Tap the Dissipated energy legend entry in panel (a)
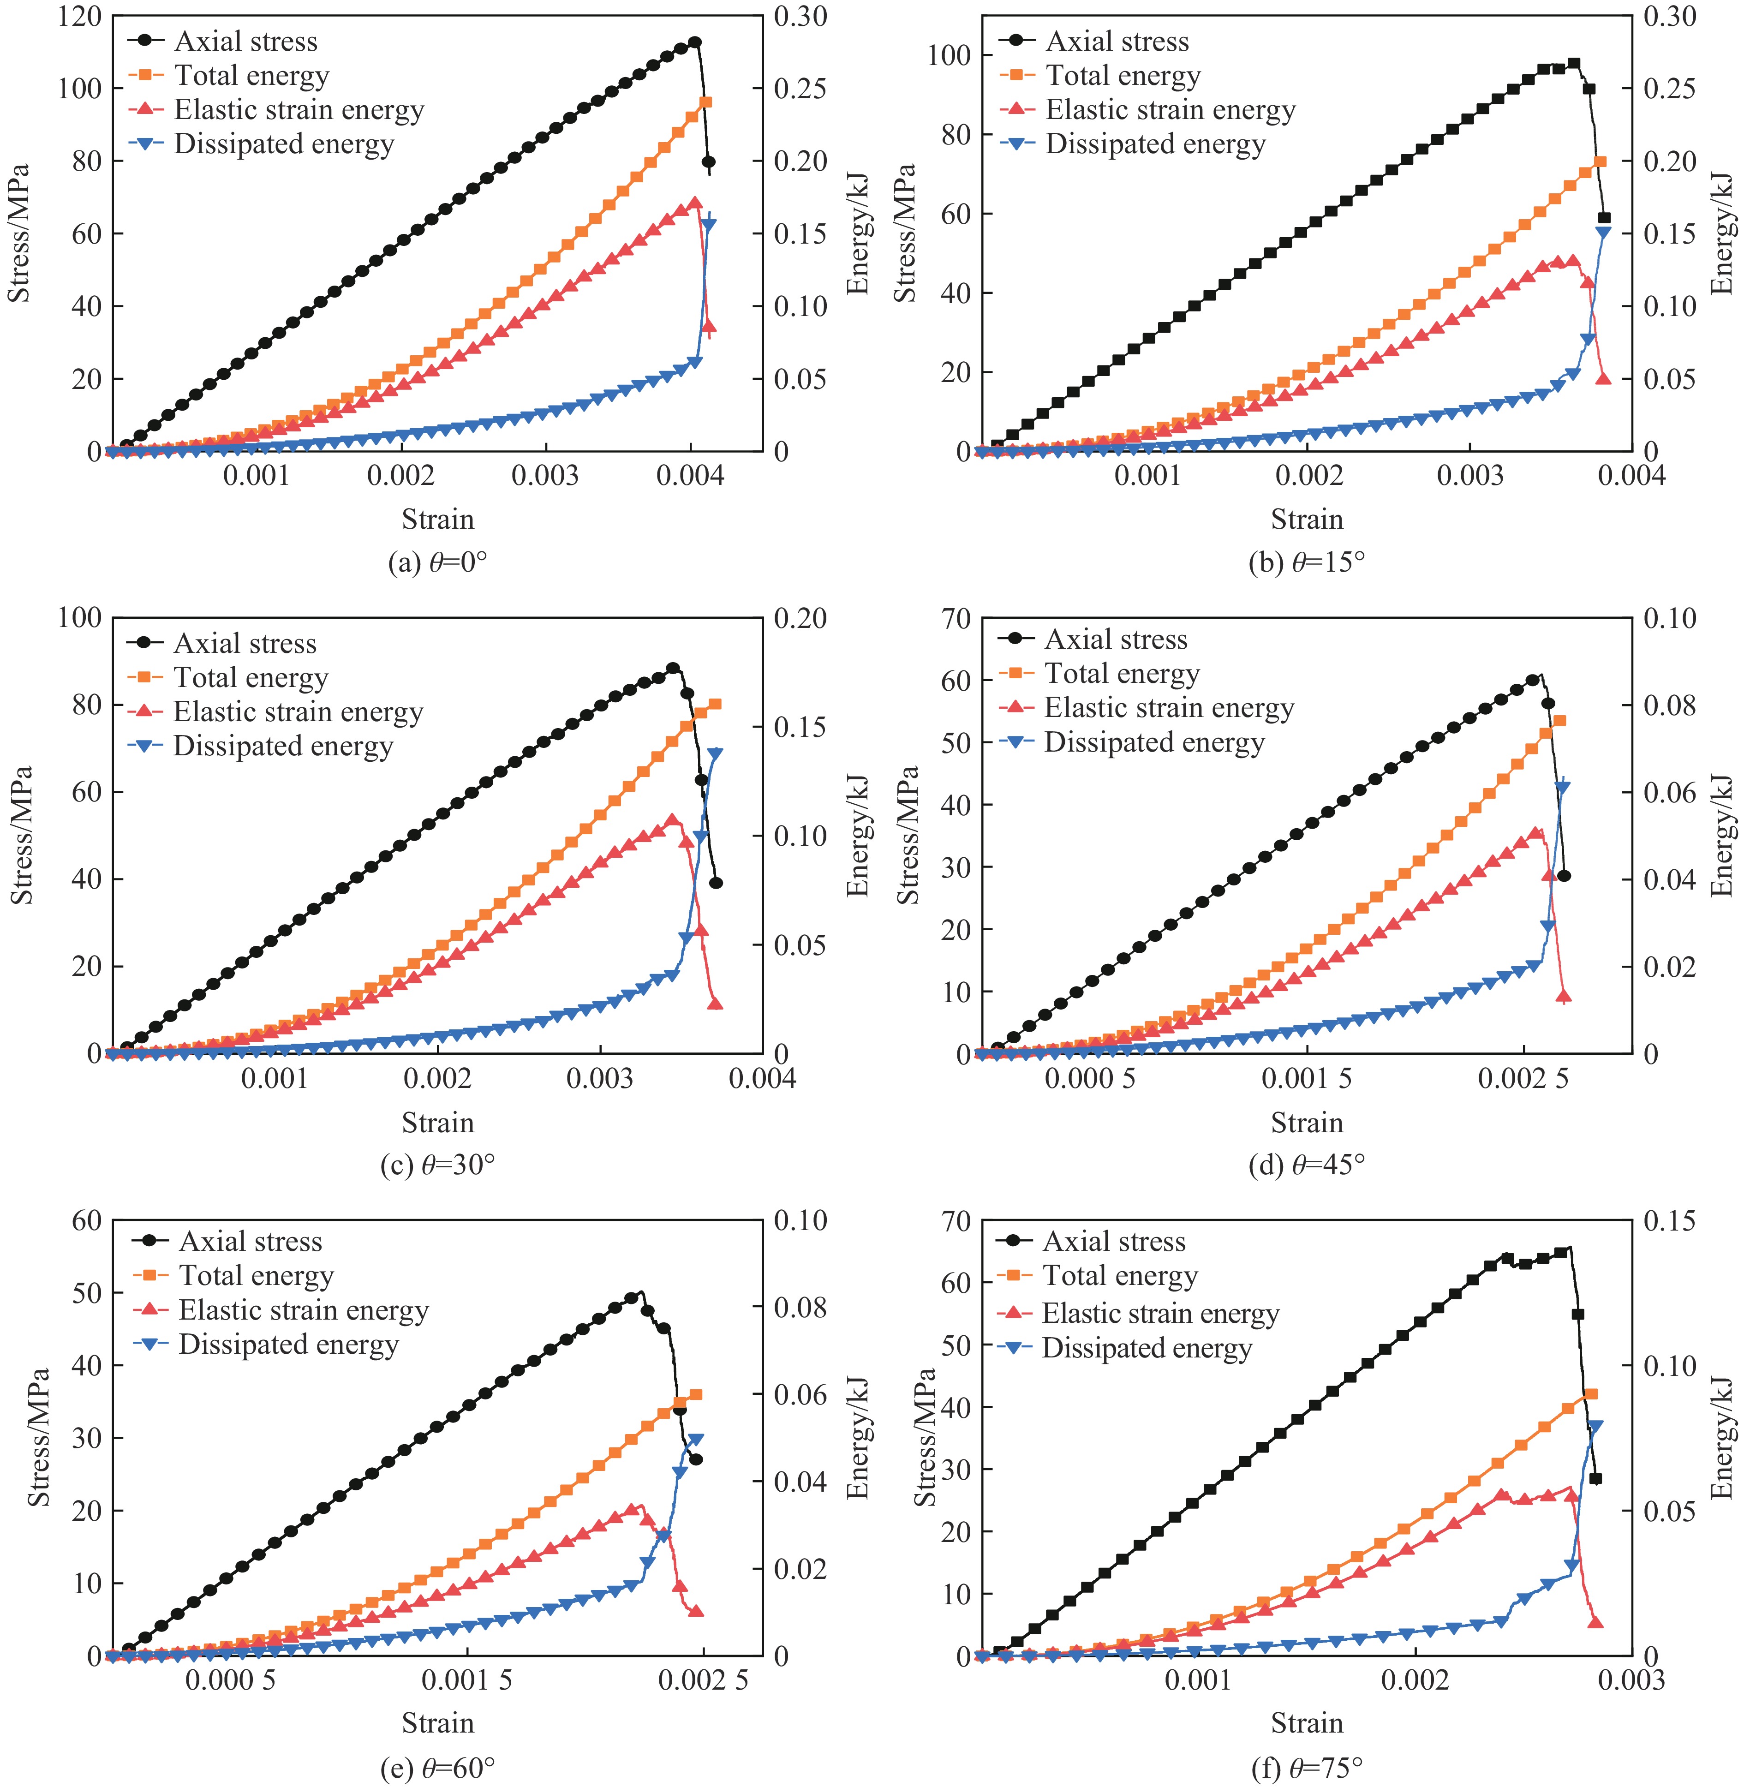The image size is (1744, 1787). (284, 144)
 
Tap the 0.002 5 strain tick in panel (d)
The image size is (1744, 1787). (1523, 1078)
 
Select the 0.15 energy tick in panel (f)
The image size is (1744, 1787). (1669, 1221)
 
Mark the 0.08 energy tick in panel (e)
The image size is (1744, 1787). (800, 1307)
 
